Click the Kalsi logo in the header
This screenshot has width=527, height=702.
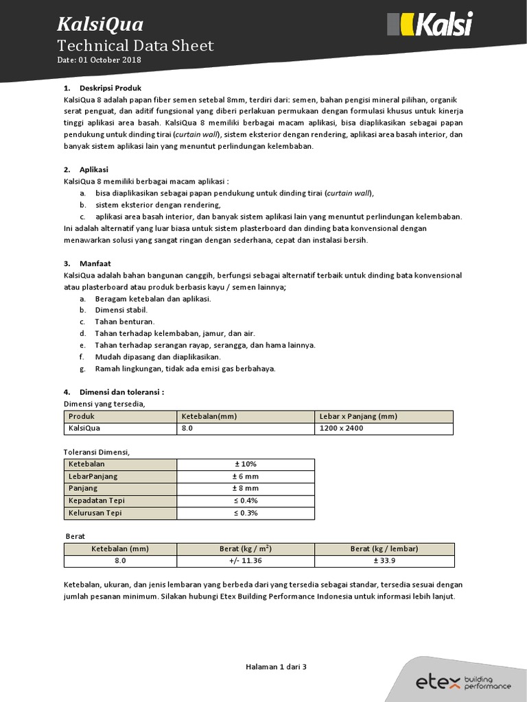click(x=430, y=25)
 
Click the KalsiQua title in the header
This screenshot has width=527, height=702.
click(x=100, y=25)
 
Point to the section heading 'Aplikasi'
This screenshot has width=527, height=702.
click(x=94, y=169)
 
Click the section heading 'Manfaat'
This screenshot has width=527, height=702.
click(x=95, y=263)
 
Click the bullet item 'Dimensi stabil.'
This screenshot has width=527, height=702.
click(x=121, y=310)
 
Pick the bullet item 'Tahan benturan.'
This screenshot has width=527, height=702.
click(x=124, y=322)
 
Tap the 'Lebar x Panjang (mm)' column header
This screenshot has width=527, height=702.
click(x=358, y=416)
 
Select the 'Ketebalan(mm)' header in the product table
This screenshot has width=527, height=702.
click(x=209, y=416)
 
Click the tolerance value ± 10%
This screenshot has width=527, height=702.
click(x=246, y=464)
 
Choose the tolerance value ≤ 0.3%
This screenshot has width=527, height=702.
click(x=246, y=513)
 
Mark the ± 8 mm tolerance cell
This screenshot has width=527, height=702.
click(x=246, y=489)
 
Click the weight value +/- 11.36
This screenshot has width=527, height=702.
click(x=246, y=561)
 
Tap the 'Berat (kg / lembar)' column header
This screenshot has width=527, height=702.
click(x=384, y=548)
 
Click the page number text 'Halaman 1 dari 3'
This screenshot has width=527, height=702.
click(x=277, y=666)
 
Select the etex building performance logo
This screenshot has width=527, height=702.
click(x=463, y=681)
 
